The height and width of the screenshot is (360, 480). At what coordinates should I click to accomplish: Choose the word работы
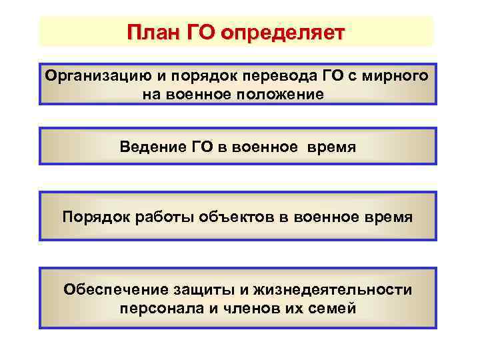click(161, 217)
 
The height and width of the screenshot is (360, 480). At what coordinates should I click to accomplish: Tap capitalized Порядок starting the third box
click(92, 217)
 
